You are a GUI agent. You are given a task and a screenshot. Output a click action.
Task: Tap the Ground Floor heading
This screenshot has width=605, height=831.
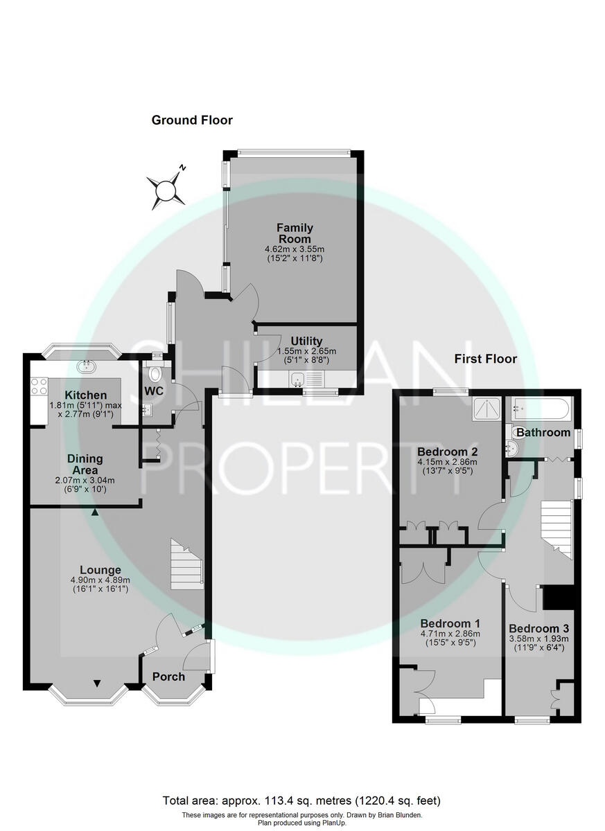(192, 120)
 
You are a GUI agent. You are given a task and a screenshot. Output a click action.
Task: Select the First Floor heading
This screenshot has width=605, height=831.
(485, 359)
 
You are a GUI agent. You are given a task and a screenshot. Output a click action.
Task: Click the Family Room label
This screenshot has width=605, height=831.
(295, 233)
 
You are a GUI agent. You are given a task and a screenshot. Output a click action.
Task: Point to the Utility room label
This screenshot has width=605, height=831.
(306, 341)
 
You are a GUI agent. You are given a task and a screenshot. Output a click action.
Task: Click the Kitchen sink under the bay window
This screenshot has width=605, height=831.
(87, 366)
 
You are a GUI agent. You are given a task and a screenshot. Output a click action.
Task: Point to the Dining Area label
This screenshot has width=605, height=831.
(85, 463)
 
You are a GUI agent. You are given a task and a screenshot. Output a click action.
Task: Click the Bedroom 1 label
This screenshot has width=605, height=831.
(450, 623)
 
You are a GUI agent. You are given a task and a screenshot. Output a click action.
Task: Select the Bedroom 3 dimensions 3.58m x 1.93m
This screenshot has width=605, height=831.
(538, 638)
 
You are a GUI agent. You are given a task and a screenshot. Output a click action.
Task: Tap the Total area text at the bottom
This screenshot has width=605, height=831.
(301, 801)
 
